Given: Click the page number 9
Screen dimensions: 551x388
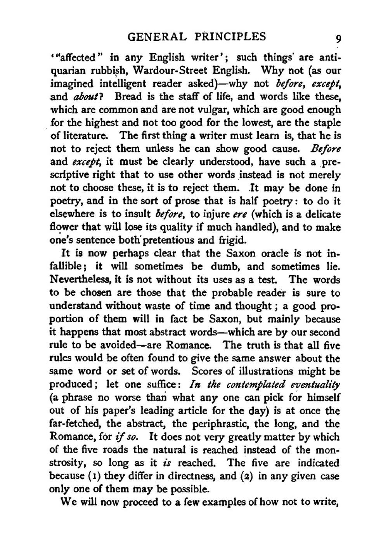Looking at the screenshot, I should (x=339, y=38).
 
